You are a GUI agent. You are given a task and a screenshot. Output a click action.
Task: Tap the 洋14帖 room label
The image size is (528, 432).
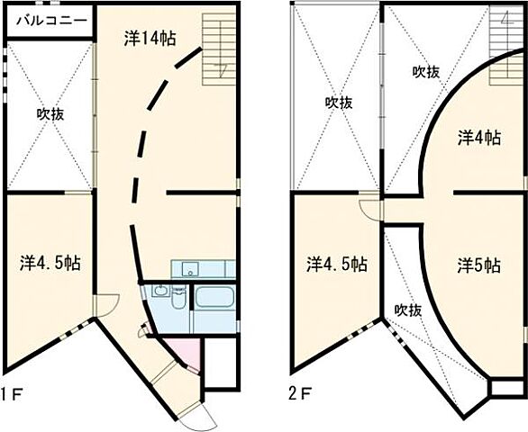tap(149, 38)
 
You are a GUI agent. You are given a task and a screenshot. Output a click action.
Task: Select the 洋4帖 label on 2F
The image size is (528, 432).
tap(478, 138)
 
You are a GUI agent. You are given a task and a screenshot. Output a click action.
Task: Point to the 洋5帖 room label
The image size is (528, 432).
tap(478, 265)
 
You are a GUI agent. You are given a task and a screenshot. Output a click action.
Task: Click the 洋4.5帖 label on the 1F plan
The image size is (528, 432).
tap(50, 263)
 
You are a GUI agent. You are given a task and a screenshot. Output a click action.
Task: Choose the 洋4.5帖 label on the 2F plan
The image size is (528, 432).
tap(335, 265)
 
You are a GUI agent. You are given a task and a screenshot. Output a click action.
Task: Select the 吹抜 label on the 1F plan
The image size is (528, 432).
tap(50, 115)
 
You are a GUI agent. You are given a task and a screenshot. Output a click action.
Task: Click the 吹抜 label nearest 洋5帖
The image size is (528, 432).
tap(407, 310)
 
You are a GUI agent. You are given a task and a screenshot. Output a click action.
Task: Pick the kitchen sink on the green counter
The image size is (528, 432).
tap(189, 268)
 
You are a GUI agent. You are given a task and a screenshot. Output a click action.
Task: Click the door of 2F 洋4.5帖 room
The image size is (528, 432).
tap(369, 209)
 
